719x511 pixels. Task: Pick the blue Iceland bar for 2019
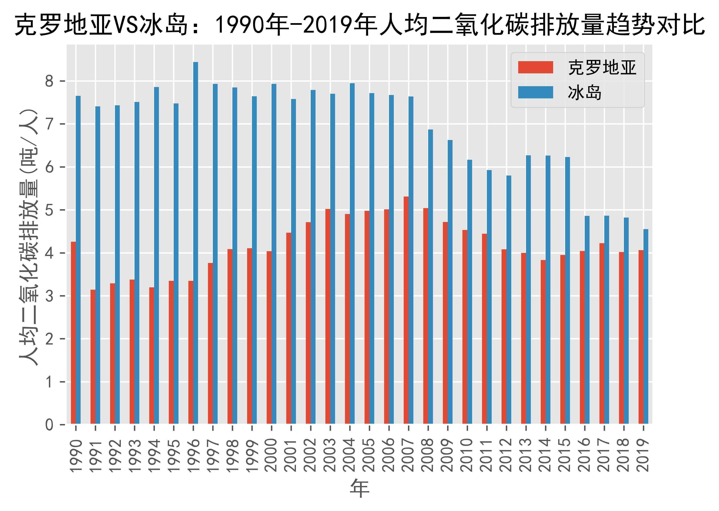coord(646,326)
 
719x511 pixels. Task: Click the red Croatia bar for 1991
coord(93,357)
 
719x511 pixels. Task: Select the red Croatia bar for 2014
coord(543,342)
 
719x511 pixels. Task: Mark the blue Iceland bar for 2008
coord(430,277)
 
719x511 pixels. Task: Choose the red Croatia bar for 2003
coord(328,316)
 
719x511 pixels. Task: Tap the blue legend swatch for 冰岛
coord(536,92)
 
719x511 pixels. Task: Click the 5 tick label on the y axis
coord(50,210)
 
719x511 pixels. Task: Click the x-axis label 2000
coord(272,455)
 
